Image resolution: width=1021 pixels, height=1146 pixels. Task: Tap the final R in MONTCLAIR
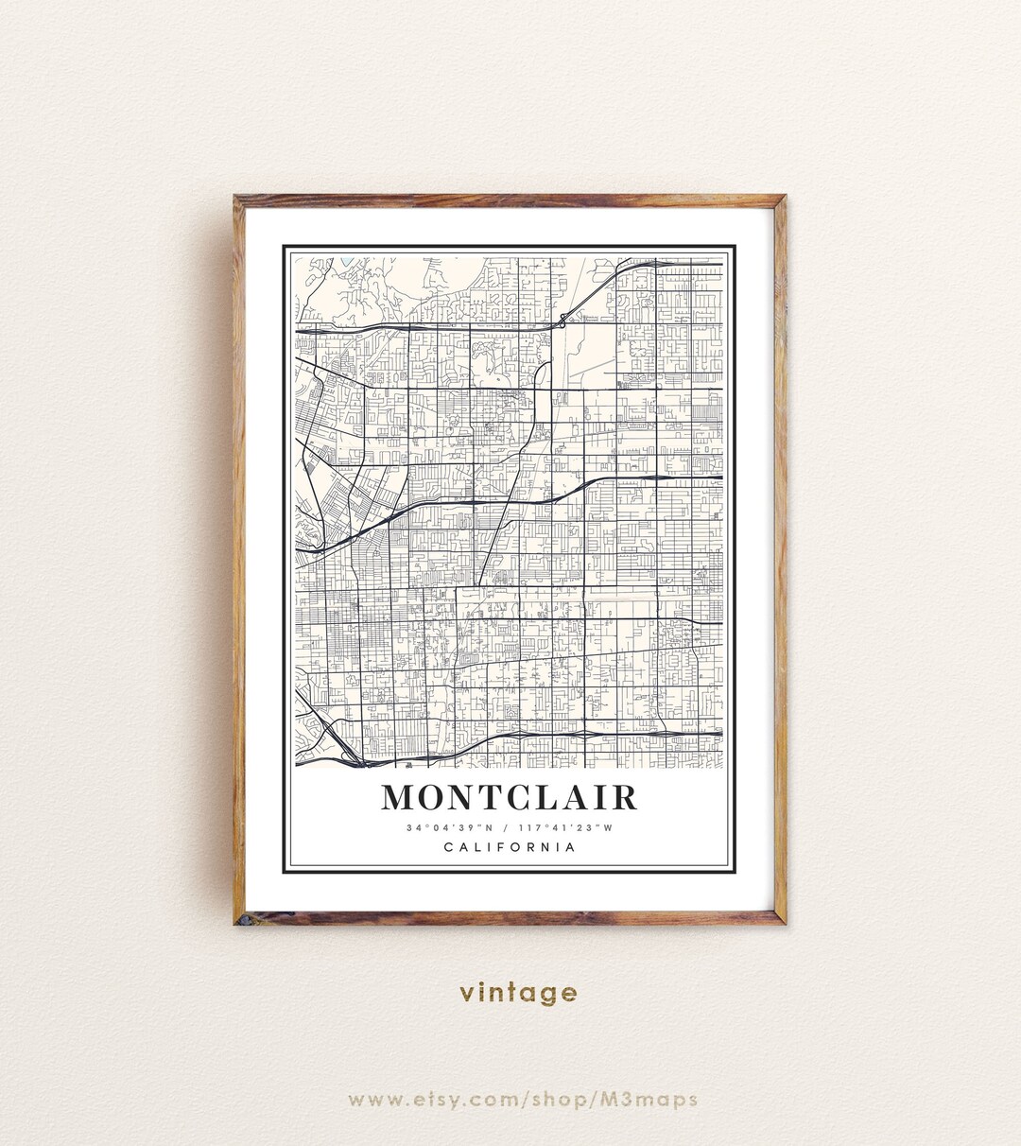(x=623, y=797)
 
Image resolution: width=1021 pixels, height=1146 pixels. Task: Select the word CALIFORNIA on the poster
(x=510, y=847)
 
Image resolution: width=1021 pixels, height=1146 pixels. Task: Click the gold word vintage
(x=518, y=993)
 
